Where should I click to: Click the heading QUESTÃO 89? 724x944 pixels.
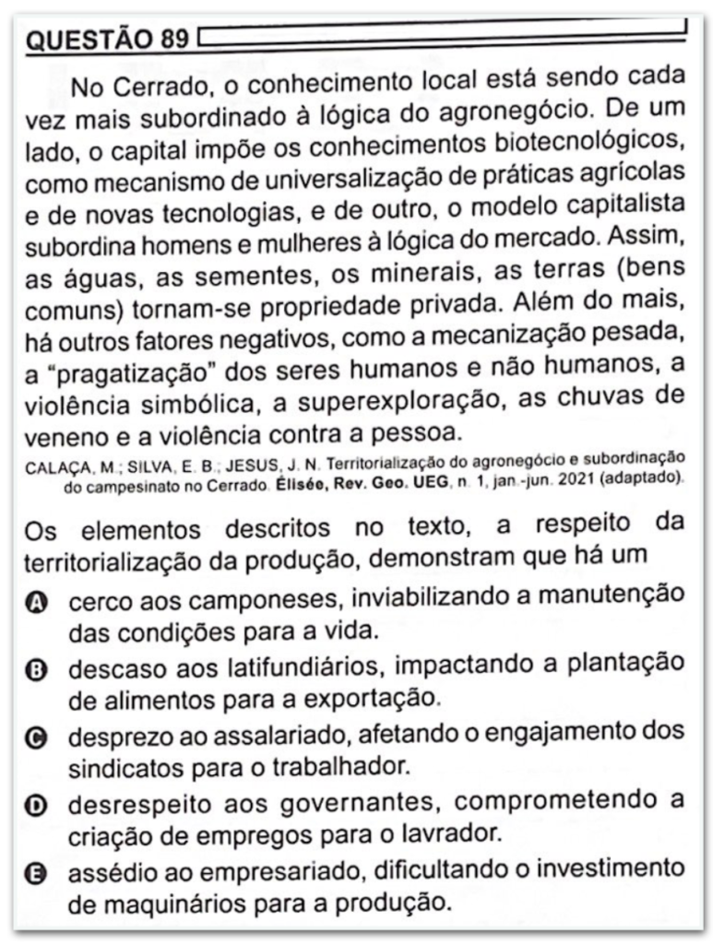(x=106, y=40)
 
